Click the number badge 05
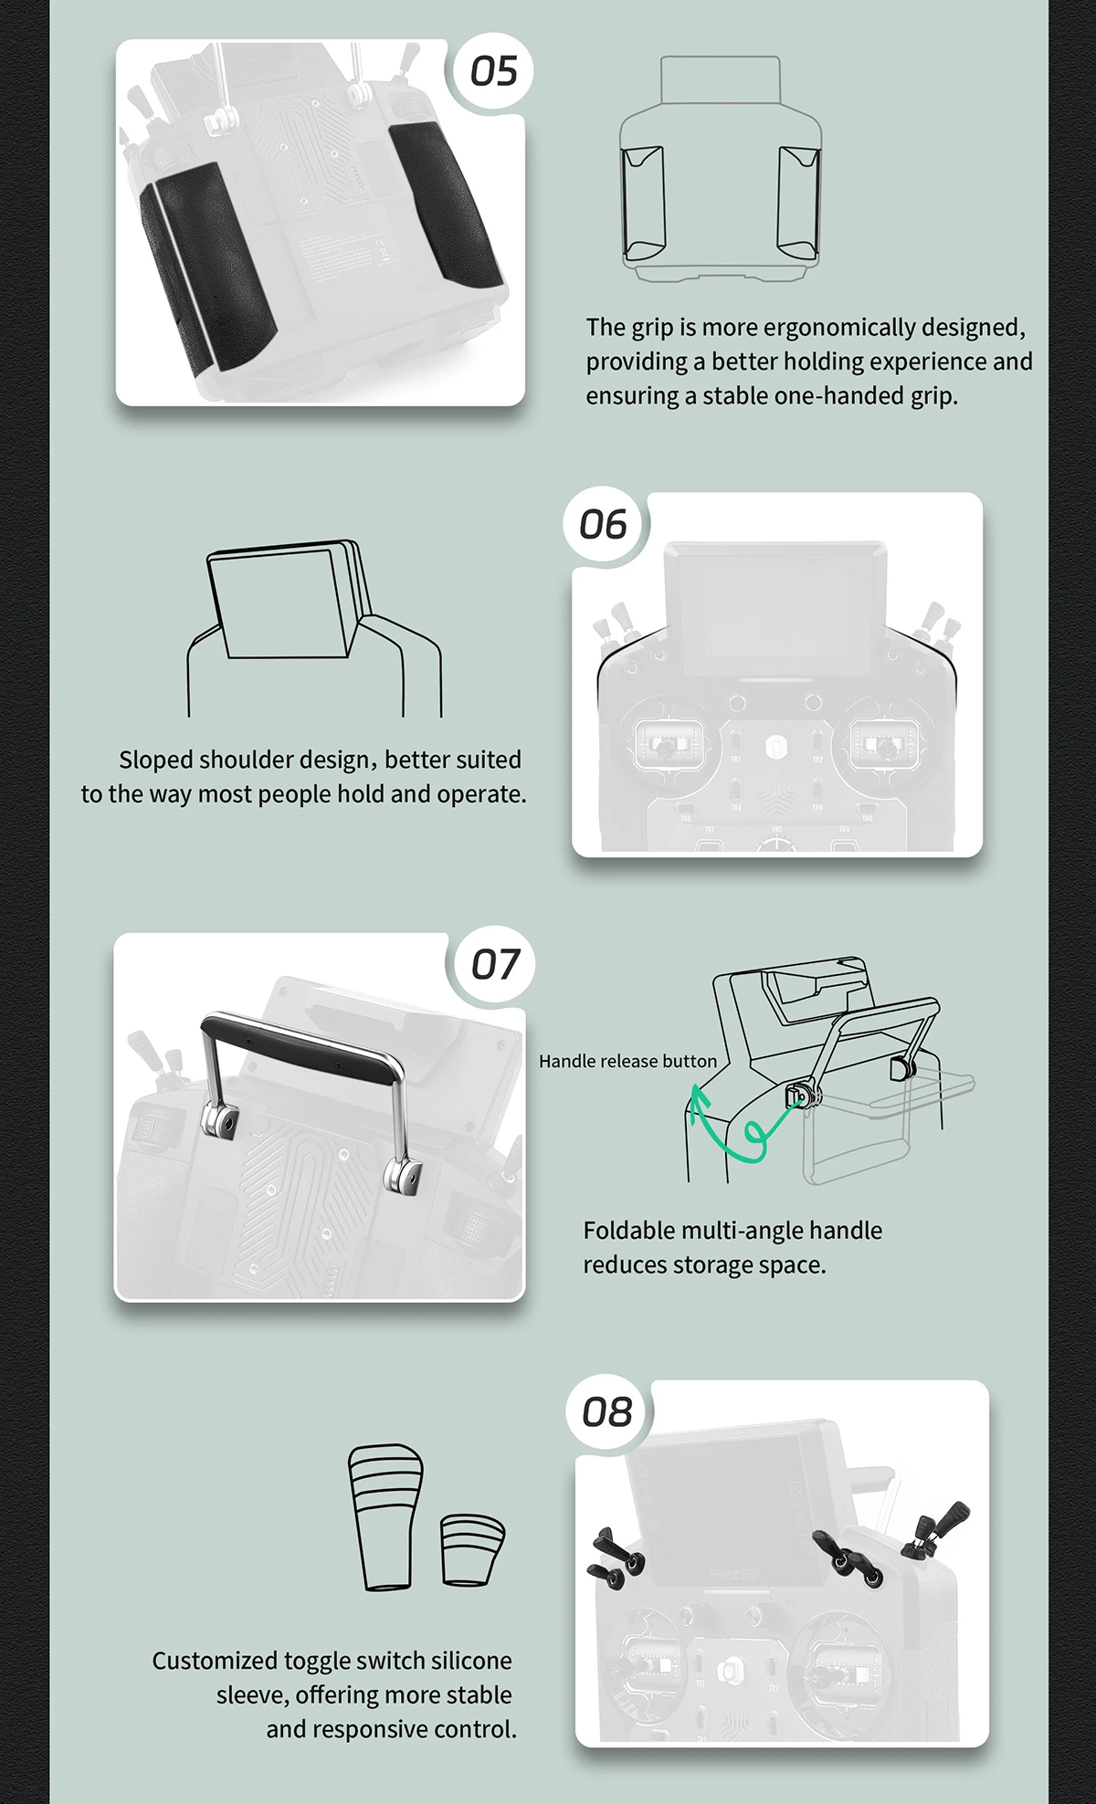pyautogui.click(x=493, y=71)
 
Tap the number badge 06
pyautogui.click(x=603, y=525)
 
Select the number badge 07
pyautogui.click(x=494, y=964)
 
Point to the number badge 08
pyautogui.click(x=607, y=1412)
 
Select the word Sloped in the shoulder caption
pyautogui.click(x=155, y=760)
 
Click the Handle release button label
pyautogui.click(x=627, y=1061)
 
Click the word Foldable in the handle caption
pyautogui.click(x=628, y=1231)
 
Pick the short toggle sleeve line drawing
pyautogui.click(x=471, y=1549)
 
